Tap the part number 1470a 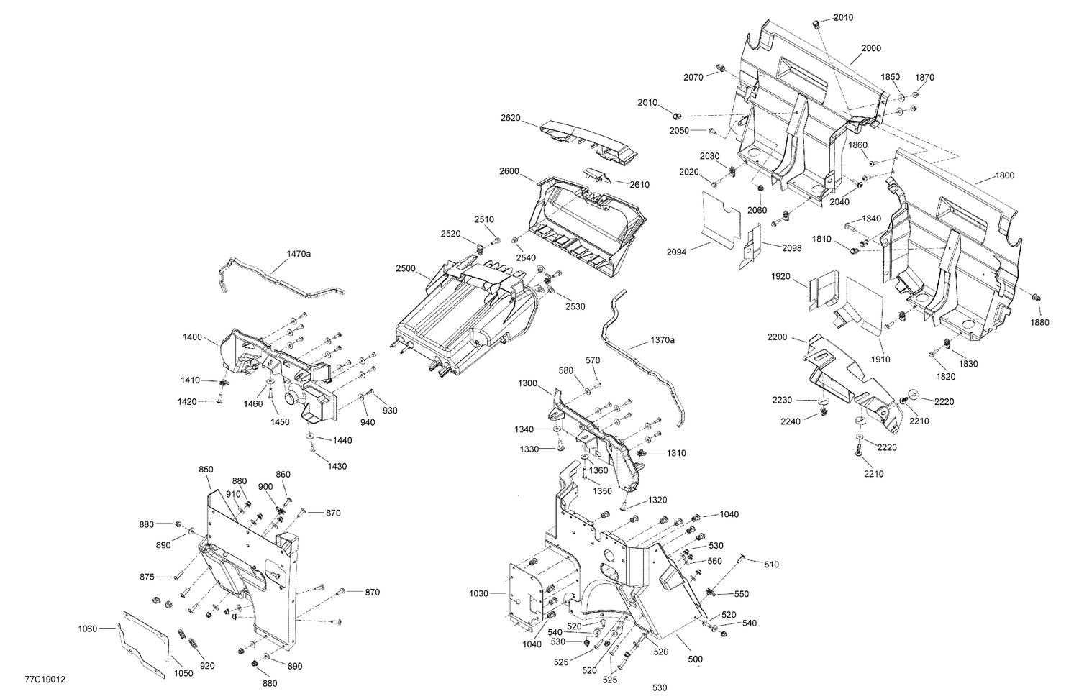[299, 254]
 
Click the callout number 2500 [406, 268]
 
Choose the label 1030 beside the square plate [478, 593]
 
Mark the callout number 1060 [87, 629]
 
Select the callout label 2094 [676, 252]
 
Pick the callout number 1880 [1039, 323]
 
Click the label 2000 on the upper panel [870, 48]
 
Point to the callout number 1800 [1004, 175]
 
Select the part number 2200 [778, 337]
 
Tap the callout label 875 [147, 577]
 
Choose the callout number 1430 [337, 466]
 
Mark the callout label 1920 [781, 276]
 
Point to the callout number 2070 [693, 77]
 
